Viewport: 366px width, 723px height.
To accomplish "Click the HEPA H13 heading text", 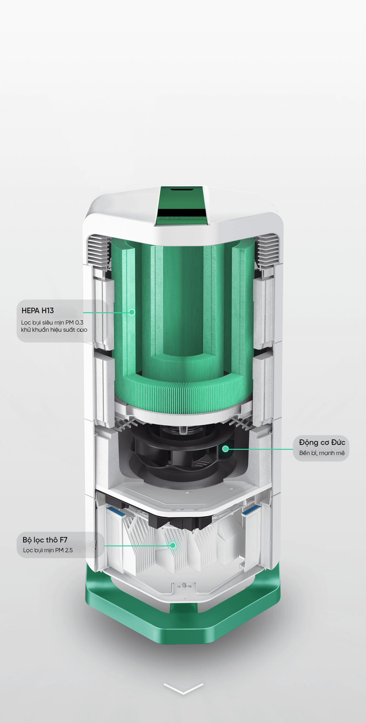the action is pos(37,311).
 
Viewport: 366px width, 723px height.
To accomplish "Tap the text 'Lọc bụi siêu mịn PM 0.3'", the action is pos(52,323).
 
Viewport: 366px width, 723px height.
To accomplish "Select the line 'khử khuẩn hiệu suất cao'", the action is pos(54,330).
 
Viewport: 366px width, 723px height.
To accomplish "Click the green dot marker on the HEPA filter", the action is pos(132,312).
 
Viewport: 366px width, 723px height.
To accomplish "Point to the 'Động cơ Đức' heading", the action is pos(322,442).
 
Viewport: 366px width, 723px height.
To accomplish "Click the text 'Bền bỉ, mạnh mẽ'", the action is pos(322,453).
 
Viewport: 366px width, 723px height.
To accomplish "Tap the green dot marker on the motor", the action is pos(225,449).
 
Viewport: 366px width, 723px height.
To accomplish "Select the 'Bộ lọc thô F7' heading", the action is pos(45,540).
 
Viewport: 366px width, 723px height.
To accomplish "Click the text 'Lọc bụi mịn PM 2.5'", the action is pos(48,550).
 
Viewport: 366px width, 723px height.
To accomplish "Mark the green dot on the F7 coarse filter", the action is pos(173,545).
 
